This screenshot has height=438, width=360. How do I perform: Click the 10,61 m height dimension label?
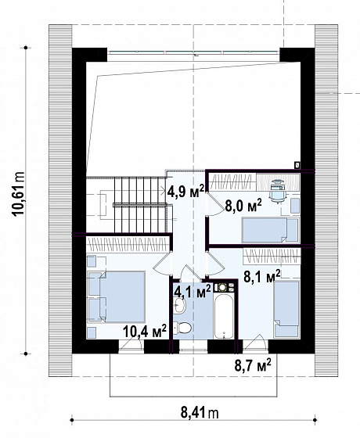coord(19,194)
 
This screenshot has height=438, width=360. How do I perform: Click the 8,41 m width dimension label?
coord(200,412)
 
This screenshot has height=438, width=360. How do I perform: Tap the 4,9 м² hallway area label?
coord(185,191)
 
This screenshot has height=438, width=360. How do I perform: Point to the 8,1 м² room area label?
coord(262,277)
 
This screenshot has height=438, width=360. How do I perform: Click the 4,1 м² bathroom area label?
coord(193,292)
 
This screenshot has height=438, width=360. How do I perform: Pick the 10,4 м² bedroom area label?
coord(145,332)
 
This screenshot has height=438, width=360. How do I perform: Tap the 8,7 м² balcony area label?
coord(253,365)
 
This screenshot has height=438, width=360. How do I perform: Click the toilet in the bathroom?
coord(182,328)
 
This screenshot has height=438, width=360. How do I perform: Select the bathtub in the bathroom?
coord(224,316)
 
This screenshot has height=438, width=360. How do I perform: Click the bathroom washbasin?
coord(179,305)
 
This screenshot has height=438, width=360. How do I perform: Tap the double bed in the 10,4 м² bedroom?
coord(117,296)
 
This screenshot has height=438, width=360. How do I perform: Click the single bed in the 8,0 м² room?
coord(270,230)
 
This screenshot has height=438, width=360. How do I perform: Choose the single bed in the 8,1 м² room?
coord(286,309)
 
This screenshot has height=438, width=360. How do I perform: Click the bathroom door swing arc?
coord(190,272)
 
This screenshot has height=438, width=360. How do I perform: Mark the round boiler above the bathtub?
coord(222,288)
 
